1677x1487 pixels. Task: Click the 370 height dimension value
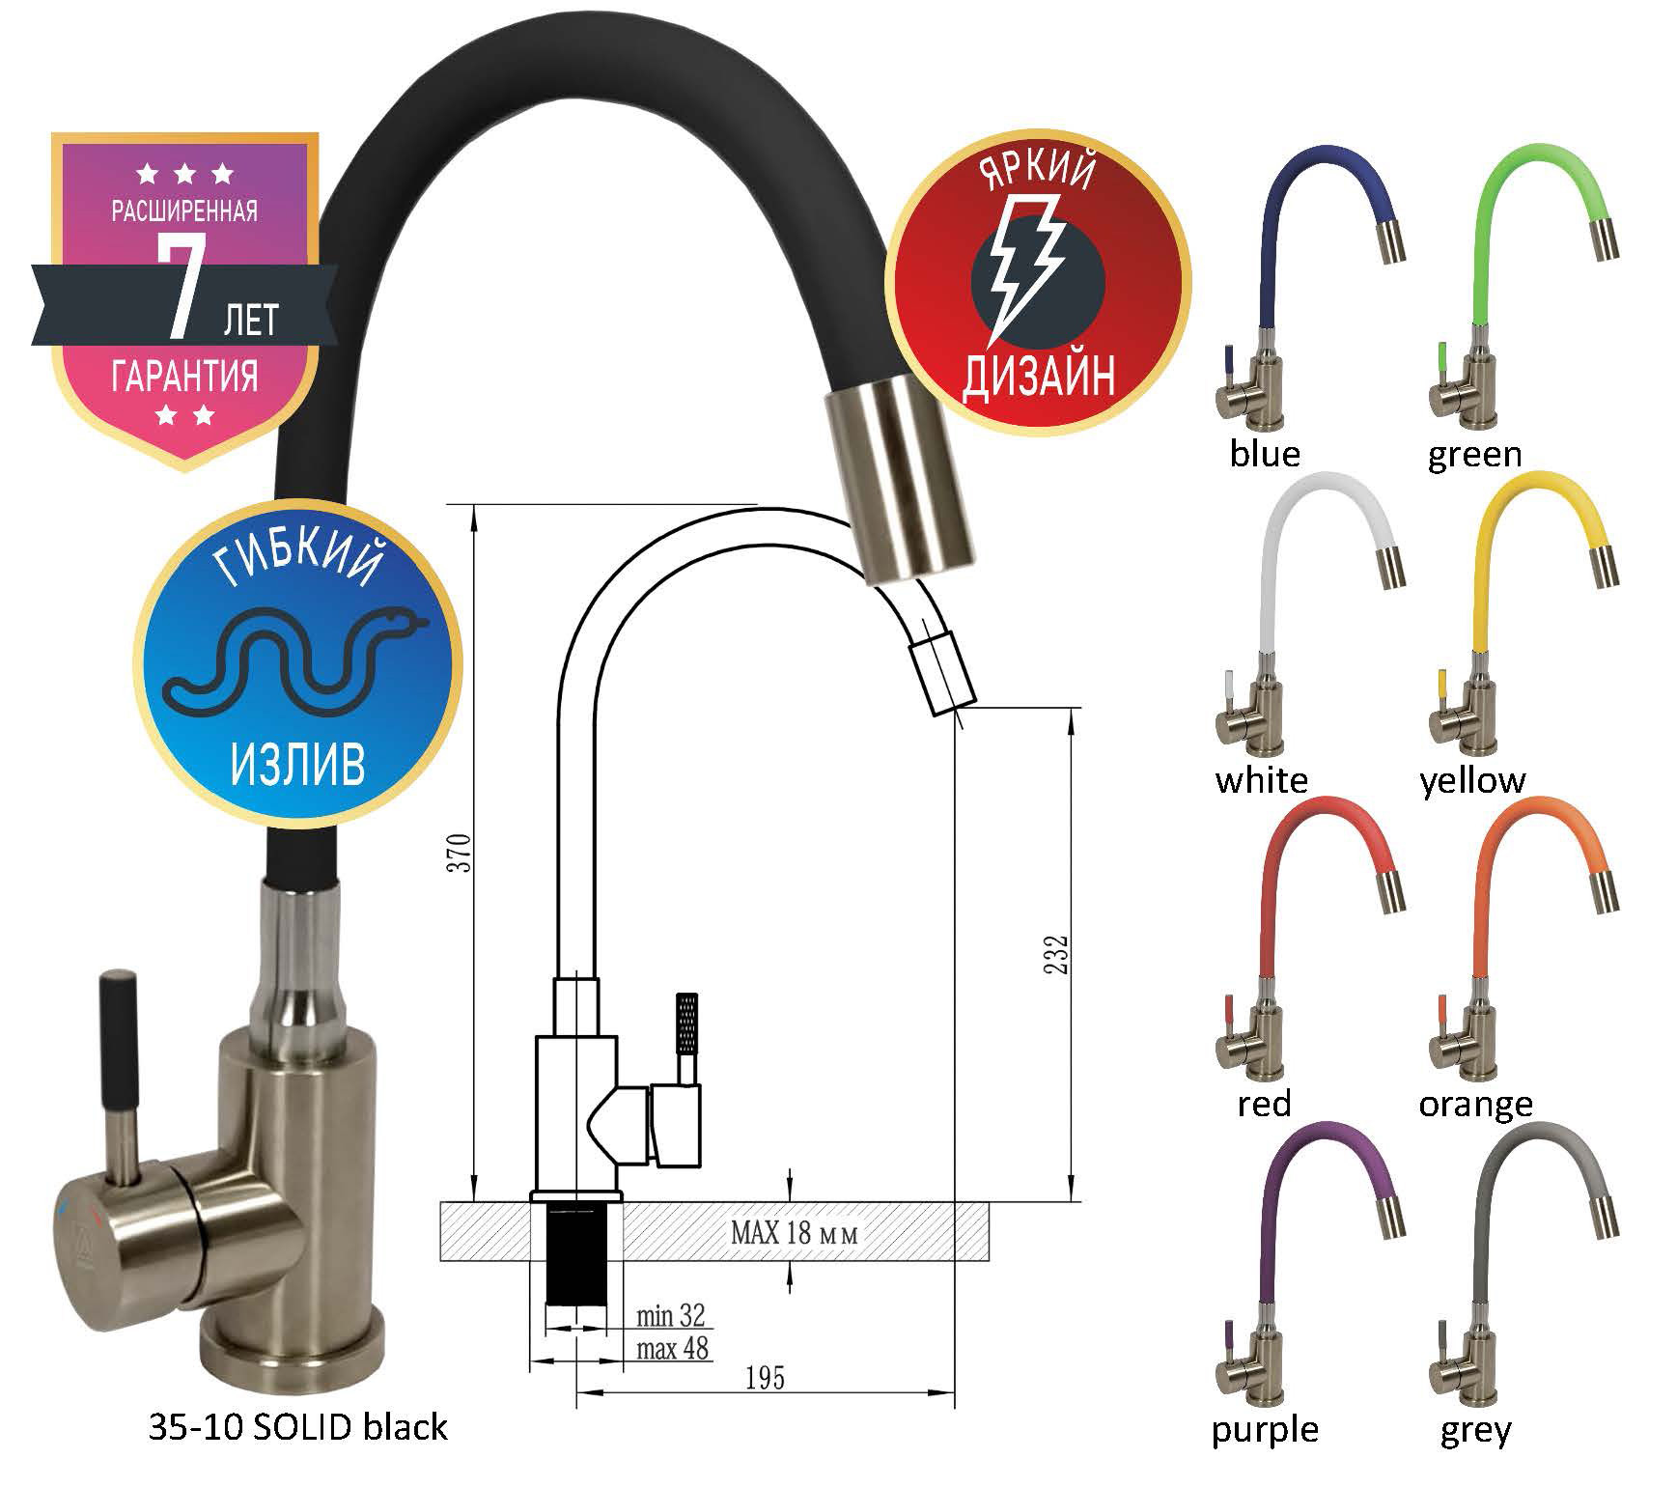(463, 852)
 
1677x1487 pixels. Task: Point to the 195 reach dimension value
(765, 1378)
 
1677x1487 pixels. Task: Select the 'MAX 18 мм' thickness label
(795, 1232)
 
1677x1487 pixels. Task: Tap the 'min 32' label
(671, 1315)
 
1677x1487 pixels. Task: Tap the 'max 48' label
(673, 1348)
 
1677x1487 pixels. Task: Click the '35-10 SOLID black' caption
(298, 1427)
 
